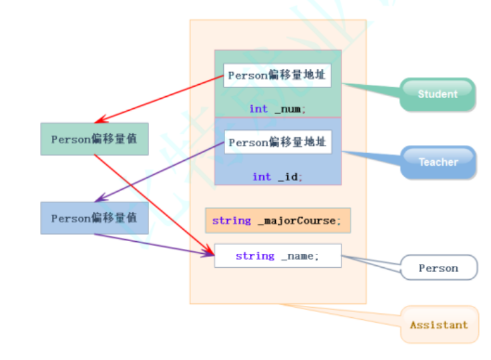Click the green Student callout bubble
(x=438, y=94)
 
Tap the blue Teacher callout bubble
(x=438, y=162)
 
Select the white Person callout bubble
(x=438, y=268)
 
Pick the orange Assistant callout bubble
(x=439, y=325)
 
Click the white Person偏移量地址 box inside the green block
(x=277, y=75)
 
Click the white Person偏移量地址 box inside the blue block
(x=277, y=142)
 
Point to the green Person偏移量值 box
(x=94, y=139)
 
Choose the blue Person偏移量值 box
(x=94, y=218)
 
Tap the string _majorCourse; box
(x=277, y=220)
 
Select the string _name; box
(x=277, y=256)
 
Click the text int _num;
(x=277, y=109)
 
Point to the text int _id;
(x=277, y=177)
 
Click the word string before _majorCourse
(x=231, y=220)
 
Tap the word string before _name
(x=255, y=256)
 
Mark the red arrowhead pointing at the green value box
(x=98, y=122)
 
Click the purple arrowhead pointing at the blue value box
(x=98, y=199)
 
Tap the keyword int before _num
(x=258, y=109)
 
